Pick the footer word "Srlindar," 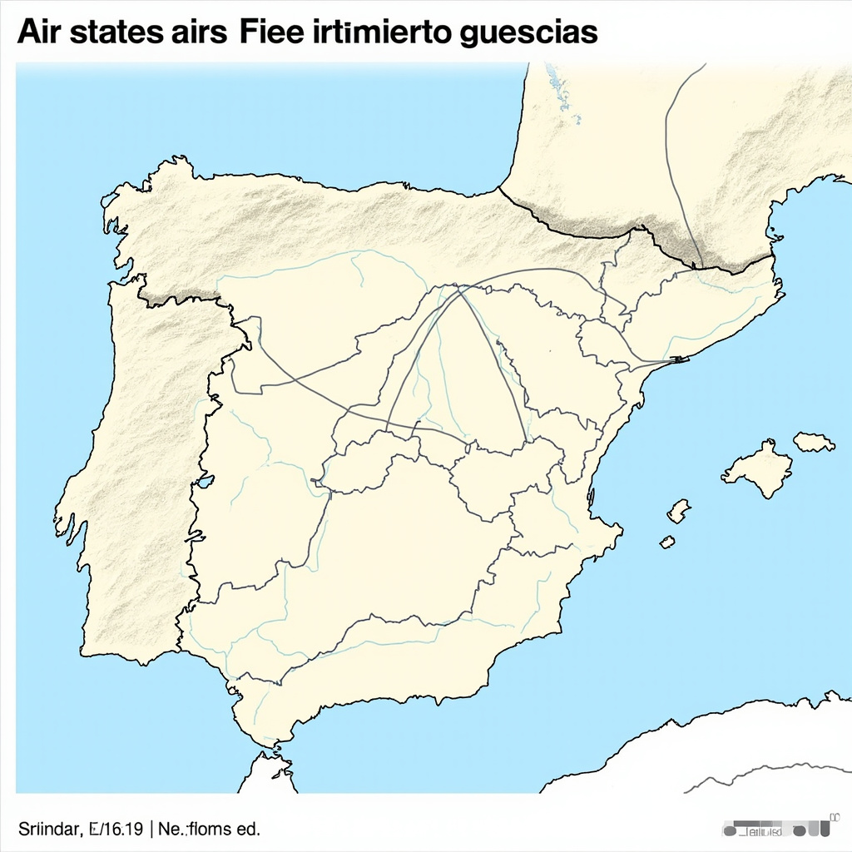[49, 829]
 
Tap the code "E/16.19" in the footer [116, 829]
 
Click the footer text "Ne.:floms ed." [208, 829]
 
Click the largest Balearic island [758, 468]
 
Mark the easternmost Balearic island [813, 442]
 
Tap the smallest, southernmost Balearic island [667, 542]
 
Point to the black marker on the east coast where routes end [679, 359]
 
